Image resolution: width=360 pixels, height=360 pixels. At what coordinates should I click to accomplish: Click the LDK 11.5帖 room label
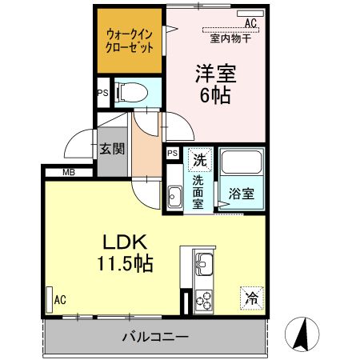[x=127, y=253]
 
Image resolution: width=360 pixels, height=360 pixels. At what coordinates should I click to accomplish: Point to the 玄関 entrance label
[x=110, y=148]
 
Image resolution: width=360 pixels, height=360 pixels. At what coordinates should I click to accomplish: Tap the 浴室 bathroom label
[x=242, y=193]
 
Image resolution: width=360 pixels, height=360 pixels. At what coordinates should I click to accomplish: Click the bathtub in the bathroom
[x=242, y=163]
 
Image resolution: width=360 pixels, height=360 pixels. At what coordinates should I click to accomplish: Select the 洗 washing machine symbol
[x=200, y=158]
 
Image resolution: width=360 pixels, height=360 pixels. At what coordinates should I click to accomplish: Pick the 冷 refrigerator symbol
[x=252, y=298]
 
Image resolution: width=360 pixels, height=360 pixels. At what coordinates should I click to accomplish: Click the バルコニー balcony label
[x=155, y=337]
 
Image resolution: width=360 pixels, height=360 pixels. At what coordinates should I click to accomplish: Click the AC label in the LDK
[x=59, y=301]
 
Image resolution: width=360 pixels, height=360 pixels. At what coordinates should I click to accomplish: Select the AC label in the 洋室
[x=251, y=23]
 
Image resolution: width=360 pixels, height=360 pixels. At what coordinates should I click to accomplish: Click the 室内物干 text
[x=230, y=38]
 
